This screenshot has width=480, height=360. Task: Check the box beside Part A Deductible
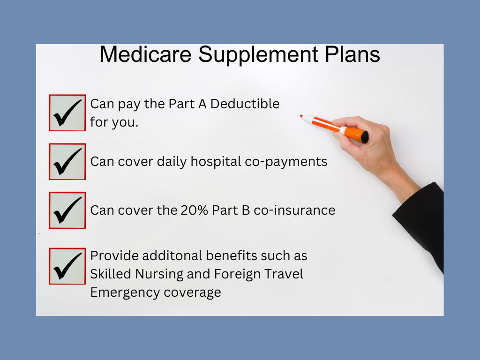[67, 112]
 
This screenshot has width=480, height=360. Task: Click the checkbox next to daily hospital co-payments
[67, 162]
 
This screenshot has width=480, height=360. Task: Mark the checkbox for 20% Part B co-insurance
[67, 210]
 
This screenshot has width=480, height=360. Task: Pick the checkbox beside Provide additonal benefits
[67, 266]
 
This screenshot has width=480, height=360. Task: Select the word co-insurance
[294, 210]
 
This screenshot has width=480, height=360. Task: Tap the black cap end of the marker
[364, 137]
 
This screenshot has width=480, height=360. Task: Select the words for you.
[114, 122]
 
